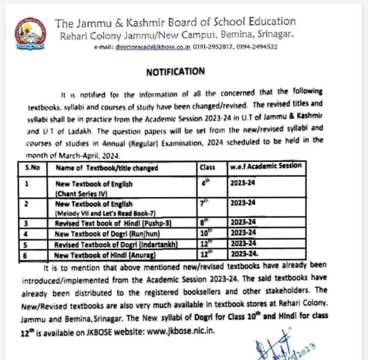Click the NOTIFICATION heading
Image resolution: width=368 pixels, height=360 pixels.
click(175, 71)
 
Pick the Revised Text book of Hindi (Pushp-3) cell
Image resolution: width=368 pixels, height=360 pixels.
click(113, 223)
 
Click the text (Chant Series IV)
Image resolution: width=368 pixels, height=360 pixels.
click(81, 192)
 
